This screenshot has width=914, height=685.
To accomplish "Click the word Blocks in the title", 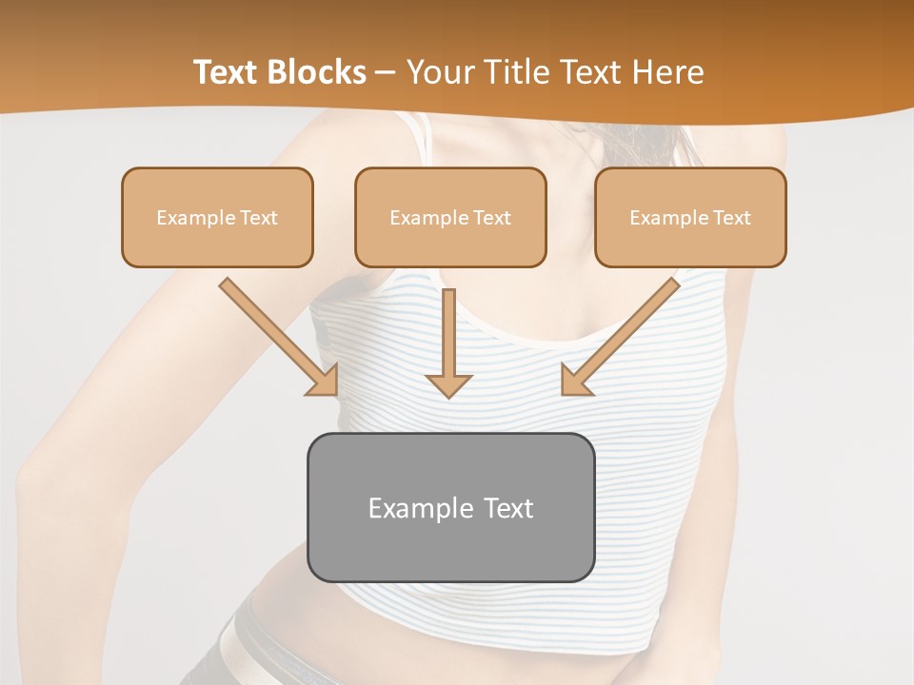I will [318, 72].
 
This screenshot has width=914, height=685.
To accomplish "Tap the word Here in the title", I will [668, 72].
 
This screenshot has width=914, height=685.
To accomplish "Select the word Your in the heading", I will [442, 72].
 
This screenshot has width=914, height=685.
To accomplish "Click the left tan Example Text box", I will [217, 218].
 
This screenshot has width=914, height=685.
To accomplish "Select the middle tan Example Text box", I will [450, 218].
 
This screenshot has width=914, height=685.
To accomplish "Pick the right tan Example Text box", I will [690, 218].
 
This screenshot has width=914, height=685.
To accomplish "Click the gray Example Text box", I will [450, 508].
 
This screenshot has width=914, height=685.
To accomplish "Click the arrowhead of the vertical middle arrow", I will [448, 384].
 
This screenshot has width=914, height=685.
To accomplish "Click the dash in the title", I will [386, 73].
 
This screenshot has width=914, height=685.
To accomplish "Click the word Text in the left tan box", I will [259, 218].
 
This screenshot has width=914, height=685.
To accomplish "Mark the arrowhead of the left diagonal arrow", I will [324, 381].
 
